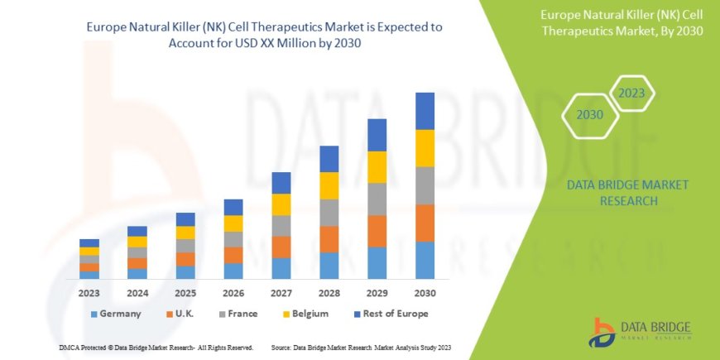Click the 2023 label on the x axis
tap(89, 293)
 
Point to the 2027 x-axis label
tap(281, 293)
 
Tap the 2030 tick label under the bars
tap(425, 293)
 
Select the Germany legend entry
tap(115, 314)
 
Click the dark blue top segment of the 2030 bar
tap(425, 111)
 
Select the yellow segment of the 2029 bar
tap(377, 167)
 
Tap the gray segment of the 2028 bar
tap(329, 213)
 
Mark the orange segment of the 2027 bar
tap(281, 247)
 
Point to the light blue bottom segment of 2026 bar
tap(233, 271)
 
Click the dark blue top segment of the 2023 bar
tap(89, 242)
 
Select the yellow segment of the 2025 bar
tap(185, 233)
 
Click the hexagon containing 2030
tap(589, 115)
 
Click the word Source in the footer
tap(281, 348)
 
